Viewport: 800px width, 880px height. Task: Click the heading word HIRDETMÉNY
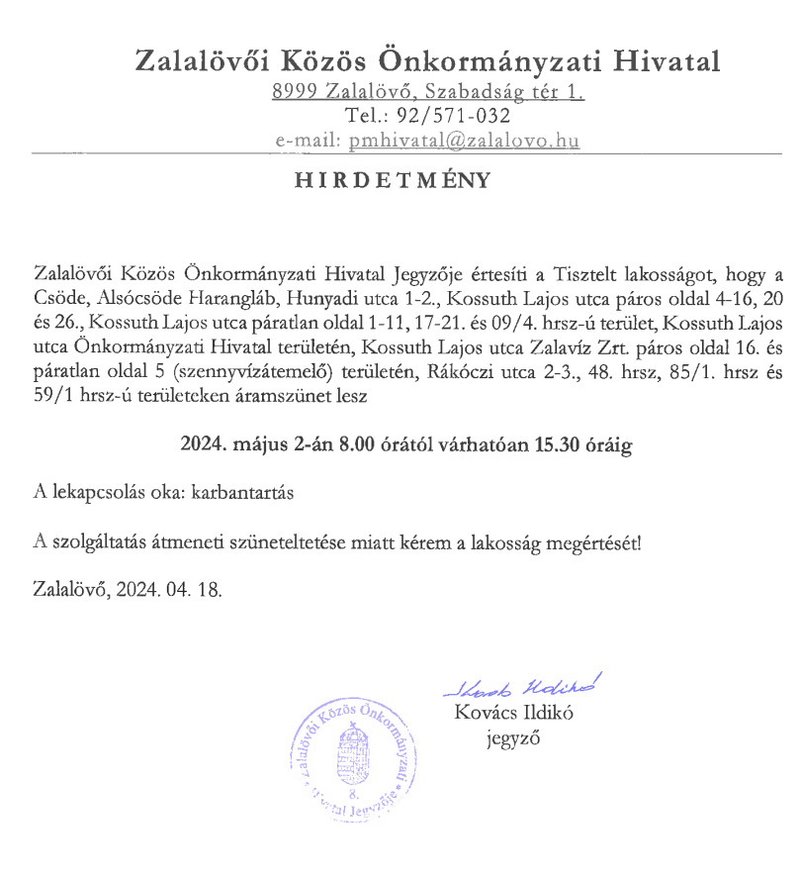[392, 183]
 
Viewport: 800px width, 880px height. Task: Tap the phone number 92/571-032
[456, 117]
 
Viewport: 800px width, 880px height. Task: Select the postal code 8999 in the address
[295, 94]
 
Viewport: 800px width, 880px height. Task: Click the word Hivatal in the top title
[667, 61]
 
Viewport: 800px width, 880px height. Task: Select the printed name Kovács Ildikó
[514, 713]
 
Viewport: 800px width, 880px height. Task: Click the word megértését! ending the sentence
[593, 540]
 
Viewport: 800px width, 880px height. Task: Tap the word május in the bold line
[255, 445]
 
